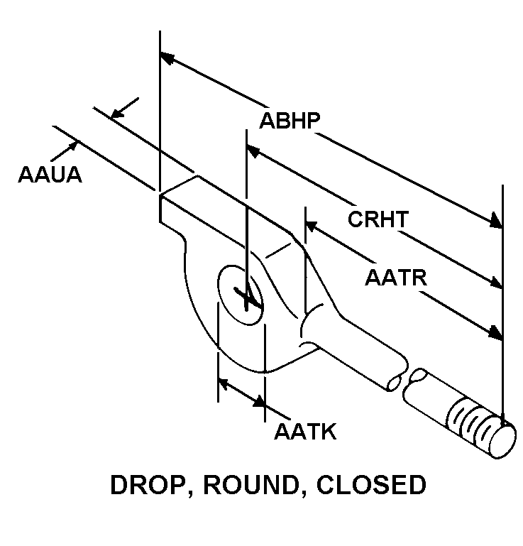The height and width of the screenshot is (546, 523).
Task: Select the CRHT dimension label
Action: pyautogui.click(x=378, y=219)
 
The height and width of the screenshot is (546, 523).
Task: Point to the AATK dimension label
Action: pyautogui.click(x=304, y=431)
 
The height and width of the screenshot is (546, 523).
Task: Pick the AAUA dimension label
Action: pyautogui.click(x=50, y=173)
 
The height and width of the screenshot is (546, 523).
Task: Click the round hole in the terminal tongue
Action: pyautogui.click(x=241, y=295)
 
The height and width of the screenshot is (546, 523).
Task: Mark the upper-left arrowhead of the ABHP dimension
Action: pyautogui.click(x=167, y=56)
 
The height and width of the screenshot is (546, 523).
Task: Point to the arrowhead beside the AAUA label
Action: pyautogui.click(x=75, y=145)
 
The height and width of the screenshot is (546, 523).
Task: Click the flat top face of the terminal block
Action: pyautogui.click(x=227, y=206)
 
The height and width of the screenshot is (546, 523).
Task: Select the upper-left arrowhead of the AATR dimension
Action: pyautogui.click(x=311, y=226)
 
